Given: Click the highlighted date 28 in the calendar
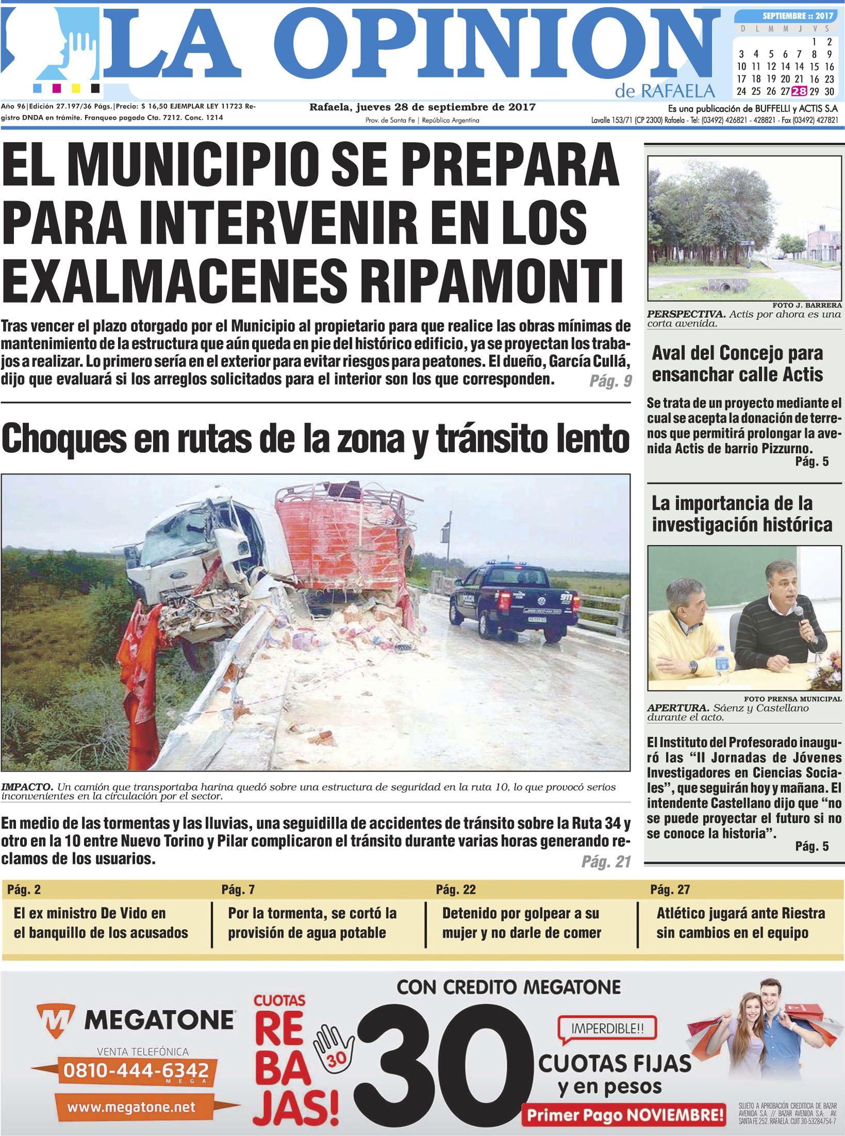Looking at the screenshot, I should point(799,91).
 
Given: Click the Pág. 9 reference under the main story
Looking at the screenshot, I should point(610,381).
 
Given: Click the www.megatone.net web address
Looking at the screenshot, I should point(131,1107).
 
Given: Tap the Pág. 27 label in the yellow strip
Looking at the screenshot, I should point(670,889).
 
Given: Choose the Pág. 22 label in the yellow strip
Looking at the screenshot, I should point(456,889).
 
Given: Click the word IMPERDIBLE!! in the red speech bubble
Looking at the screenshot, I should point(607,1029).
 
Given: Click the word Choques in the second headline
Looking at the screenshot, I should point(64,439).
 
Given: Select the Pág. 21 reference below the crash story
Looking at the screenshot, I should point(606,861).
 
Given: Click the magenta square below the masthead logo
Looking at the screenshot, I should point(57,88).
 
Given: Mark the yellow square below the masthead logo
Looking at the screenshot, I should point(76,88).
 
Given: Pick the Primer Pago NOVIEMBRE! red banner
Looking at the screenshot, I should point(624,1115).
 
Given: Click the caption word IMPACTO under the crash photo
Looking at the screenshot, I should point(27,787).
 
